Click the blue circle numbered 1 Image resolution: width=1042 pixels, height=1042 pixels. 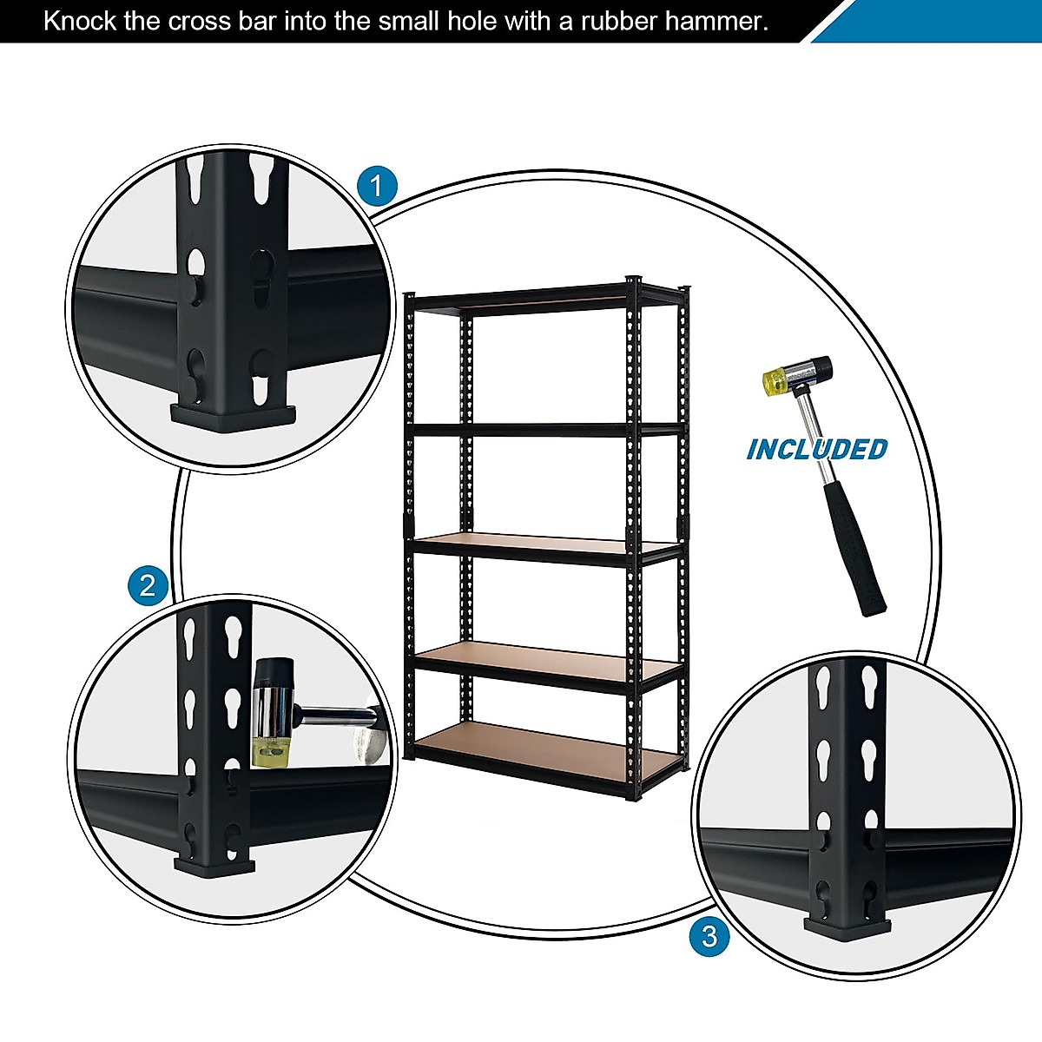point(377,187)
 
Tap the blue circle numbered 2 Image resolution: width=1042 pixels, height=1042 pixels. point(148,585)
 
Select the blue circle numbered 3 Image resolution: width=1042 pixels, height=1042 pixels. point(709,937)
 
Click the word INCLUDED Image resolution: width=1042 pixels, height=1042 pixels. point(817,449)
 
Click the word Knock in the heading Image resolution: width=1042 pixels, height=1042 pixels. point(81,21)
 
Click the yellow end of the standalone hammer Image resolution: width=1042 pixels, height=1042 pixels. point(774,379)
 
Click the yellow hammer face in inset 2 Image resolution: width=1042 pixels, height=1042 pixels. point(269,749)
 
